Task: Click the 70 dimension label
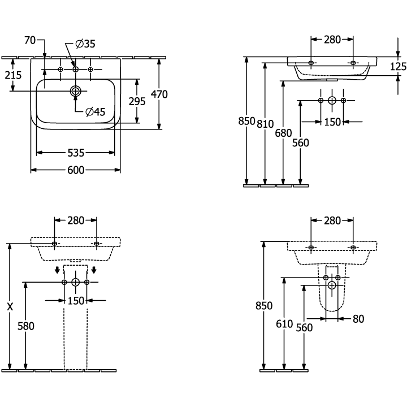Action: coord(30,40)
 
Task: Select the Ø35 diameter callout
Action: coord(85,44)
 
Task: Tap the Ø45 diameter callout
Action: coord(96,112)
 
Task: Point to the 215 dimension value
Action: coord(13,75)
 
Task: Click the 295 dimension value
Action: coord(137,101)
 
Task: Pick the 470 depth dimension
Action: coord(159,94)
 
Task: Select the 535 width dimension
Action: coord(76,153)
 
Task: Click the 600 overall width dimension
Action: coord(76,170)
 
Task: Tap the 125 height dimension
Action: coord(398,67)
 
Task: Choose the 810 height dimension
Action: coord(265,124)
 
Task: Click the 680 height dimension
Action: coord(283,133)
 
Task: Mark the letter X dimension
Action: coord(10,307)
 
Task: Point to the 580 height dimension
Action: coord(26,326)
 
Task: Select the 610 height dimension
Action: coord(284,324)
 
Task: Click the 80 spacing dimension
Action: coord(358,319)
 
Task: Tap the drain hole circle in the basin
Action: coord(76,91)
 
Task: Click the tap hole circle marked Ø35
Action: coord(76,69)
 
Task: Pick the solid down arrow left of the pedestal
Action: coord(57,270)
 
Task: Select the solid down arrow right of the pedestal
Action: coord(94,270)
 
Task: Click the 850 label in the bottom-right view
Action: coord(264,306)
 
